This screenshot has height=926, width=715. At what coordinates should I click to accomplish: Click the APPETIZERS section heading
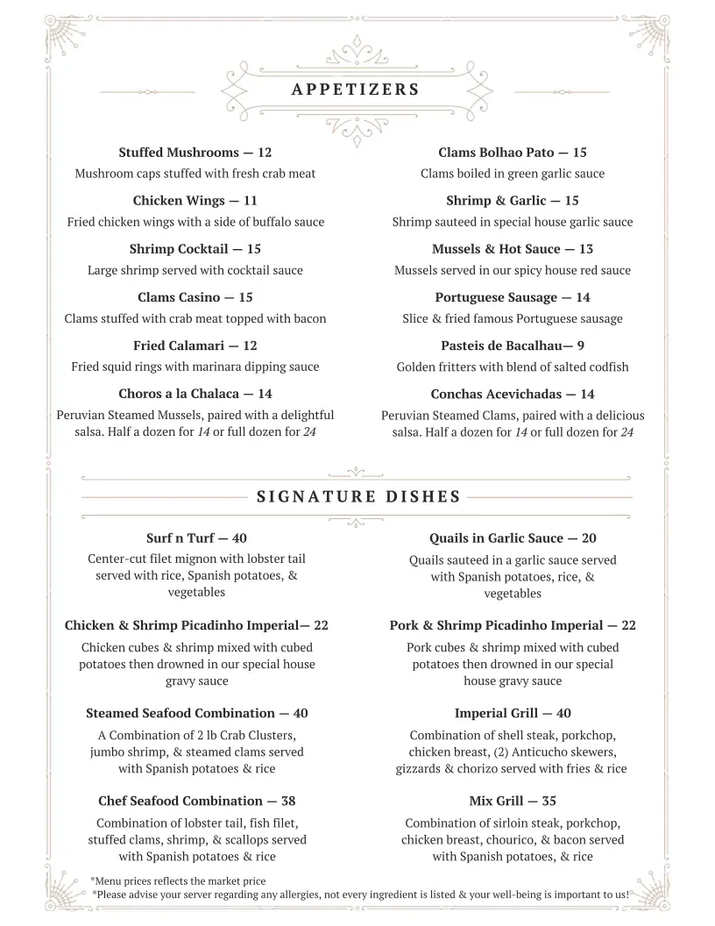point(355,89)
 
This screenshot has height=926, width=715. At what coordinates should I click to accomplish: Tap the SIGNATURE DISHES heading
point(358,497)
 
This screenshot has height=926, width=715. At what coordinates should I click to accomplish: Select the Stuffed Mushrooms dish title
point(179,153)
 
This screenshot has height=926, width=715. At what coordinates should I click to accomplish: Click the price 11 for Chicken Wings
point(251,201)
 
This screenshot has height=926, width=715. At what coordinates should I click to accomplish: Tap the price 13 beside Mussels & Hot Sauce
point(586,249)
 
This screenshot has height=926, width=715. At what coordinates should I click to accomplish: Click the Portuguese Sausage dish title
point(496,297)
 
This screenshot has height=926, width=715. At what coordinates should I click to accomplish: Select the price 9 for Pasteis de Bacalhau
point(581,345)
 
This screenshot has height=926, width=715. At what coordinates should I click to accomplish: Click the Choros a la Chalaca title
point(179,394)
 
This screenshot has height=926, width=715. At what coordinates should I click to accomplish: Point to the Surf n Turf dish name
point(180,538)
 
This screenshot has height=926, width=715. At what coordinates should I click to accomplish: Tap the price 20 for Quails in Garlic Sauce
point(589,538)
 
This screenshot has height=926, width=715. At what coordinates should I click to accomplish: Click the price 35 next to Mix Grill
point(549,801)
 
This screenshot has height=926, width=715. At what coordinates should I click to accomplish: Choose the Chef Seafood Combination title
point(180,801)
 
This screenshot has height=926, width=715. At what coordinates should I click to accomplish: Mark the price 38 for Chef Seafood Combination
point(288,801)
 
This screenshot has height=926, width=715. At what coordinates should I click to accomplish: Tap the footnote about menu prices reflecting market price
point(179,880)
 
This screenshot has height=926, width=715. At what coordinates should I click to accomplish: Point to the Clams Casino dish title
point(179,297)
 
